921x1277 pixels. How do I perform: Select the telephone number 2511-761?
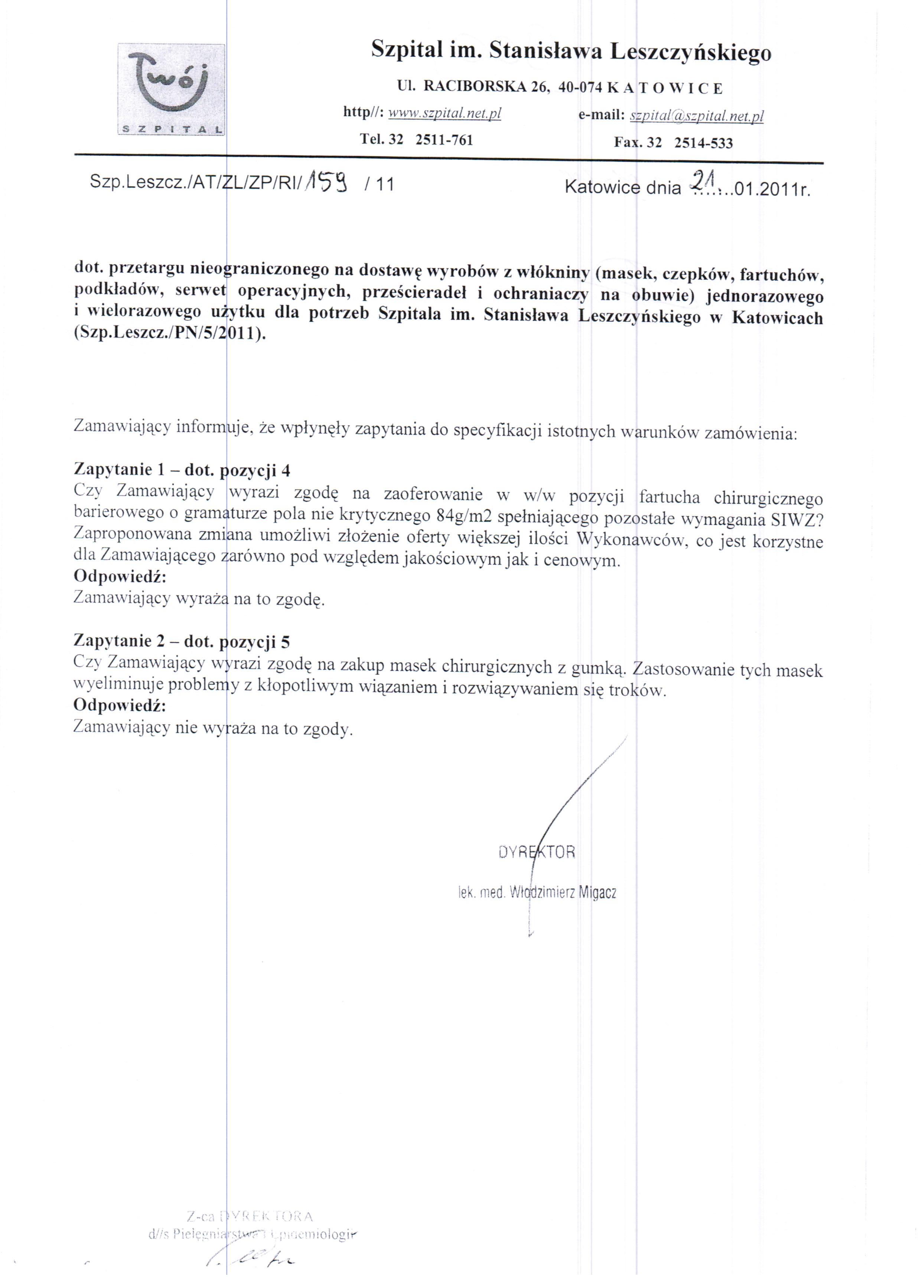point(444,140)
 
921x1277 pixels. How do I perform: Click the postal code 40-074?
point(580,88)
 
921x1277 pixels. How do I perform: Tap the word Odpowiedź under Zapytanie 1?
point(120,577)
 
